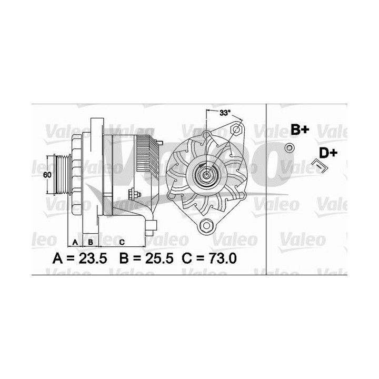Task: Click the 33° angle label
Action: coord(225,113)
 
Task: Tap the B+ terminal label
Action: coord(300,129)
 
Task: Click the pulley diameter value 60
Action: coord(47,175)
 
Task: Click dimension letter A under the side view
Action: coord(75,242)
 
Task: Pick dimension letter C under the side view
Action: coord(122,242)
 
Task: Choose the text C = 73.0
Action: coord(209,259)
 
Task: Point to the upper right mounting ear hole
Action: coord(236,129)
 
